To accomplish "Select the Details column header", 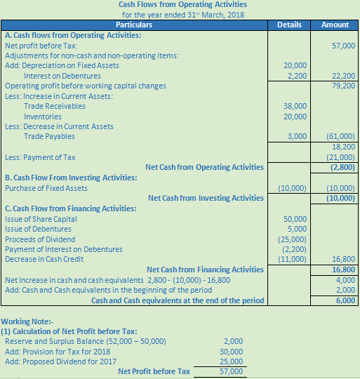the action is tap(289, 25).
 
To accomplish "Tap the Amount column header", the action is tap(335, 25).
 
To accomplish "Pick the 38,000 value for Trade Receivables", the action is tap(295, 106).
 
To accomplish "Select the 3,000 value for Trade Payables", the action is tap(298, 136).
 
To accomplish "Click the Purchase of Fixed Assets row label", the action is tap(46, 188).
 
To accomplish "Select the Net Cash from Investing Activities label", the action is tap(206, 198).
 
